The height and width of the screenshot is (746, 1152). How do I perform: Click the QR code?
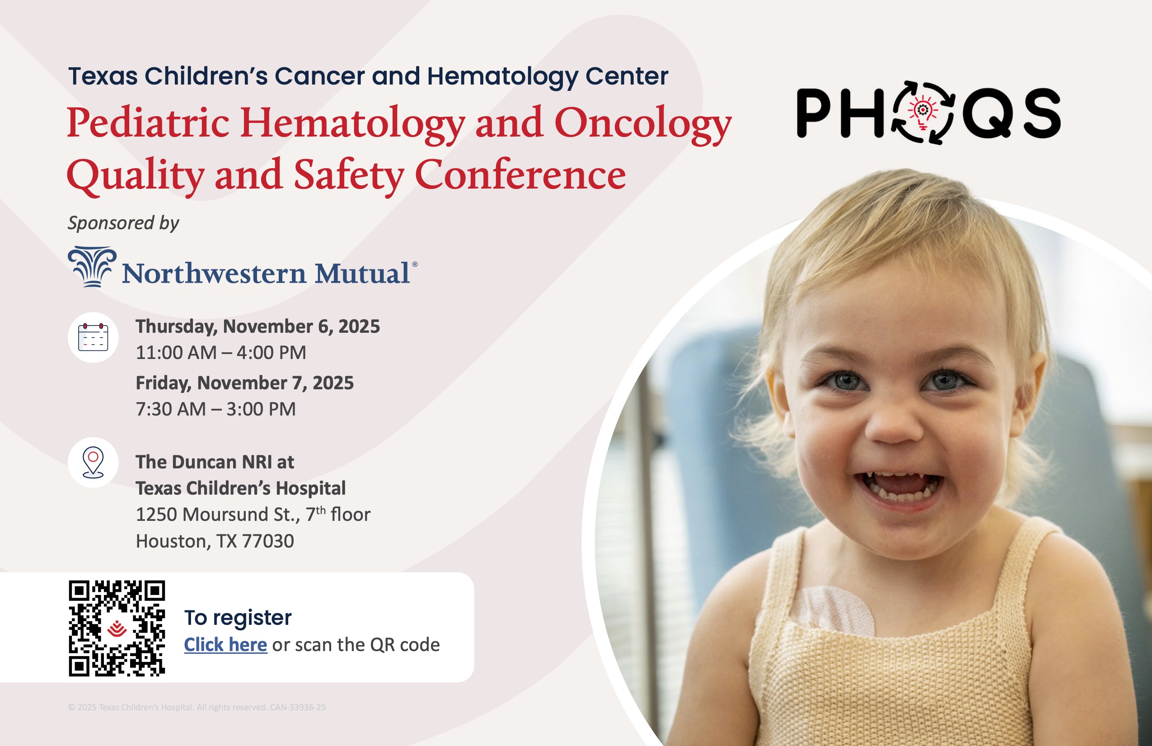pyautogui.click(x=117, y=628)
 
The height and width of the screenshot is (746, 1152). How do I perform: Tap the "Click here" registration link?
pyautogui.click(x=225, y=645)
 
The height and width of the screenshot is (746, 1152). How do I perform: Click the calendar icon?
pyautogui.click(x=93, y=337)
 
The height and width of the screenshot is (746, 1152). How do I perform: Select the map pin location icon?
pyautogui.click(x=93, y=463)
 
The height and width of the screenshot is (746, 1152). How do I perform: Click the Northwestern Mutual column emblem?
pyautogui.click(x=92, y=267)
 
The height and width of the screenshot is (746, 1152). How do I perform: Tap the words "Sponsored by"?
pyautogui.click(x=123, y=223)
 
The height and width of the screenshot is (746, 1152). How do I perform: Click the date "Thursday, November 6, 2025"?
pyautogui.click(x=258, y=326)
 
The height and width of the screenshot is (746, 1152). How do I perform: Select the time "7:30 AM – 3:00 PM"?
pyautogui.click(x=216, y=409)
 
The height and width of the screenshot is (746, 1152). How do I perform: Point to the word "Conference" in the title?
pyautogui.click(x=520, y=175)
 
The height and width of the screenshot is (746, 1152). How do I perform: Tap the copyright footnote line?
pyautogui.click(x=197, y=707)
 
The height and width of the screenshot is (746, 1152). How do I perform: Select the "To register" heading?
pyautogui.click(x=238, y=618)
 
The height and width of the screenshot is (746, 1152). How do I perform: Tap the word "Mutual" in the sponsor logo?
pyautogui.click(x=362, y=273)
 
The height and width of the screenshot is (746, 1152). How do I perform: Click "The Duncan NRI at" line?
pyautogui.click(x=215, y=462)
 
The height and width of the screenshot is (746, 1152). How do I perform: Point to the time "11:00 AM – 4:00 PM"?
pyautogui.click(x=221, y=353)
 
